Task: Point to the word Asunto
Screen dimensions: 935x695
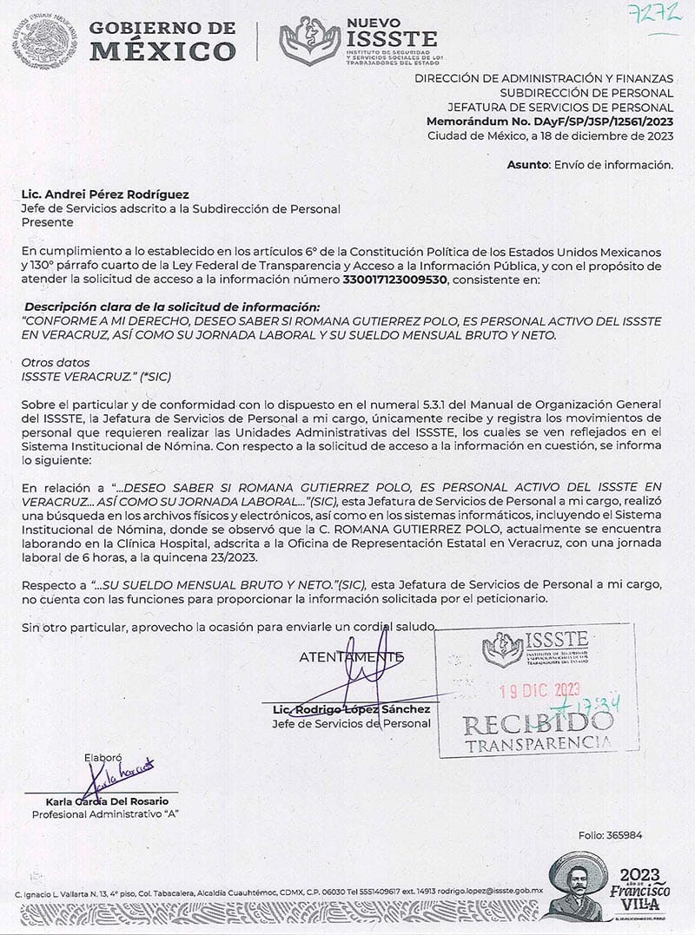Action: click(527, 164)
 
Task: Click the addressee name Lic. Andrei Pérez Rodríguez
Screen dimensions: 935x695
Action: click(105, 194)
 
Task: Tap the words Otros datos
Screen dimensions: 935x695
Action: click(56, 362)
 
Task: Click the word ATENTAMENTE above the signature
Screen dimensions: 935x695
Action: click(351, 657)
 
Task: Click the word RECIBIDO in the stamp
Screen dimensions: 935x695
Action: click(537, 721)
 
